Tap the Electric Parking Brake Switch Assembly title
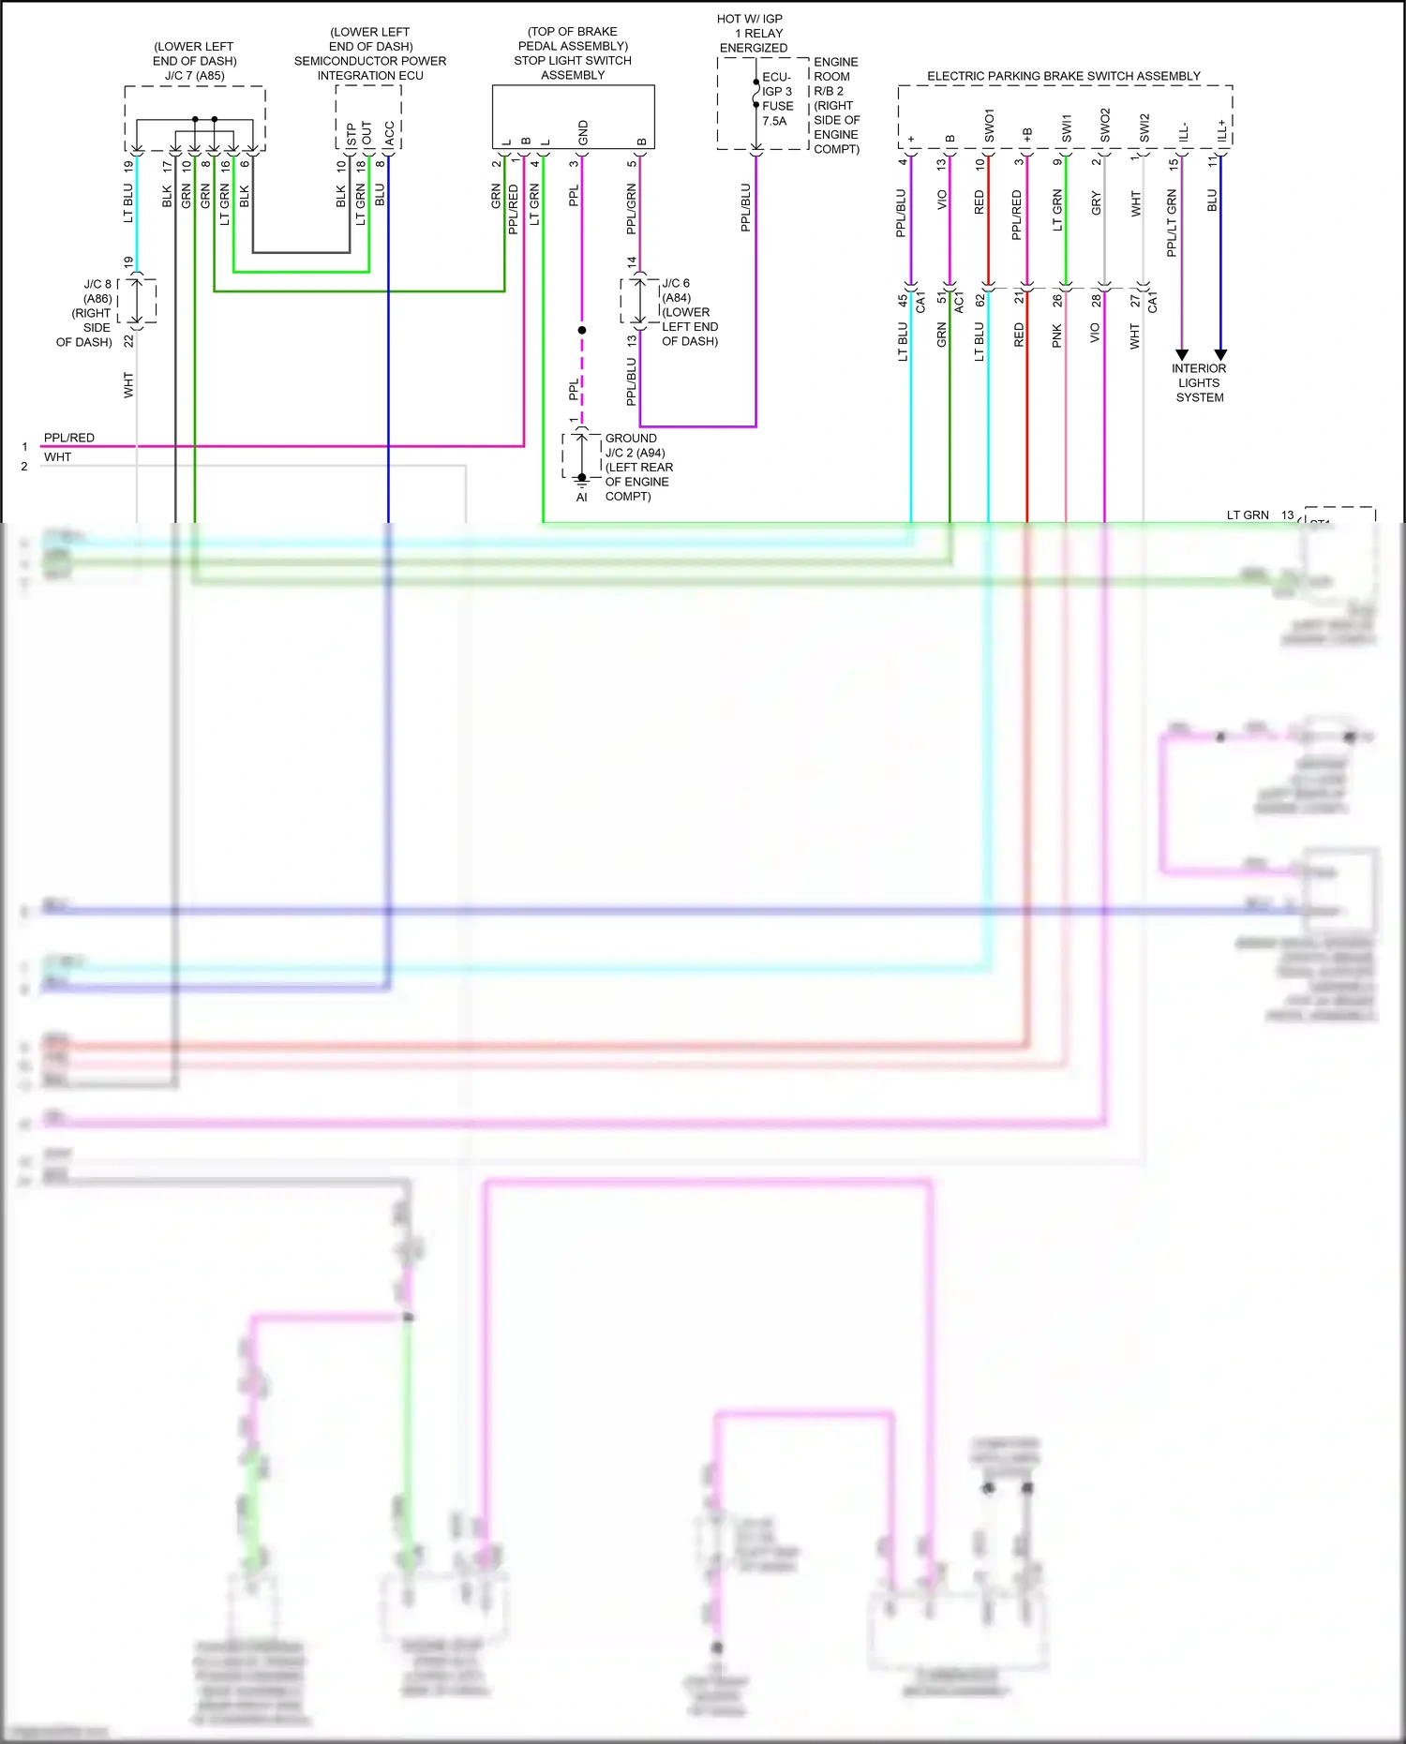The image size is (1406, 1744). (x=1063, y=76)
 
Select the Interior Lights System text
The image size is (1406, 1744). (x=1199, y=382)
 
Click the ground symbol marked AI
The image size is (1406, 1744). (x=581, y=480)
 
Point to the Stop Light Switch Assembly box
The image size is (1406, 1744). (x=573, y=116)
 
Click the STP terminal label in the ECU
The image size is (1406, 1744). (x=351, y=134)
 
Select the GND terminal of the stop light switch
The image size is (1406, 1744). (x=583, y=132)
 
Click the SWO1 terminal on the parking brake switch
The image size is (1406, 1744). (x=989, y=126)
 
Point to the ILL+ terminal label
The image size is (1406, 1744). (x=1221, y=130)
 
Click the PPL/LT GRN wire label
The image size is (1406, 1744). (x=1172, y=223)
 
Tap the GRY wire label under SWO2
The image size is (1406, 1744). (x=1096, y=203)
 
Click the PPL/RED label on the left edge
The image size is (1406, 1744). (x=68, y=438)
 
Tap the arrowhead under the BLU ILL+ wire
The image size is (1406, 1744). (x=1220, y=355)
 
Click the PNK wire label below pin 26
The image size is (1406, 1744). (x=1057, y=335)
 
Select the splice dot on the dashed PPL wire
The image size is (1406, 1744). (x=582, y=330)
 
